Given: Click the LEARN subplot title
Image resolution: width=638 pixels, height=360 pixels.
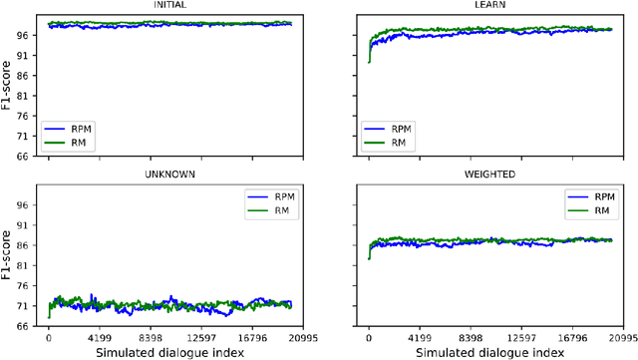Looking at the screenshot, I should point(490,5).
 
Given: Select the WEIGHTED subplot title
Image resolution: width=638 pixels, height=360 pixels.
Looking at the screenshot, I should point(490,174).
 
